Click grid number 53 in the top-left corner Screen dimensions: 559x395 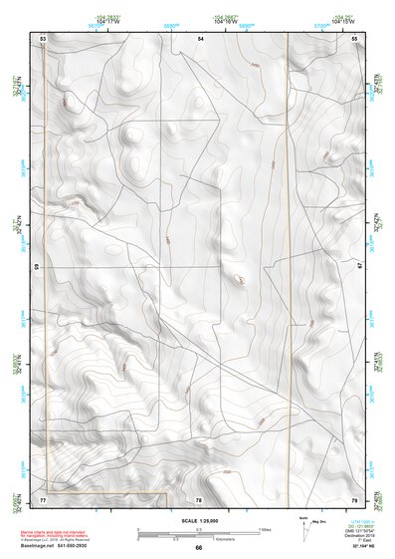(x=44, y=37)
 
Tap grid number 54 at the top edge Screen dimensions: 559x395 (x=200, y=37)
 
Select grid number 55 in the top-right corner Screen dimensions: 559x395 (x=355, y=37)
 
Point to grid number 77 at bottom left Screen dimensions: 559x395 (x=44, y=498)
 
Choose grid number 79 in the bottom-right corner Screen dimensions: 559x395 (x=355, y=498)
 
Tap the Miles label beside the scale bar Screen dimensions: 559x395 (x=265, y=529)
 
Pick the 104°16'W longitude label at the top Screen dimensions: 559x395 (x=225, y=22)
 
